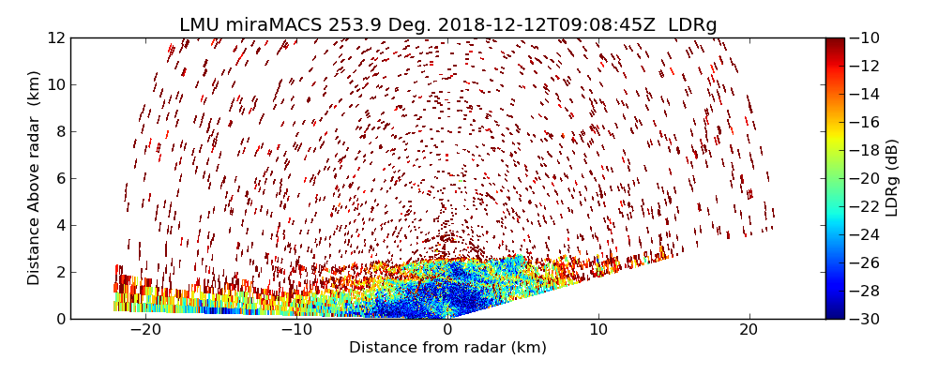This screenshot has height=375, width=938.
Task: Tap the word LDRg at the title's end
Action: pyautogui.click(x=692, y=25)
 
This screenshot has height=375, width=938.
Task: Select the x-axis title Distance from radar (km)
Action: pyautogui.click(x=447, y=348)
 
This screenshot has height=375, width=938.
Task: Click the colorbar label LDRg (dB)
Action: pyautogui.click(x=892, y=177)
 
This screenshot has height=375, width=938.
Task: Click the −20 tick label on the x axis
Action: pyautogui.click(x=145, y=330)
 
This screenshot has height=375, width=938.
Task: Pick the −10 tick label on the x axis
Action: pyautogui.click(x=296, y=330)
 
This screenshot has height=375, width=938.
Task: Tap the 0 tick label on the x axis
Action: pyautogui.click(x=447, y=330)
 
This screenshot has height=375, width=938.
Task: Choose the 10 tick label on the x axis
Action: pyautogui.click(x=598, y=330)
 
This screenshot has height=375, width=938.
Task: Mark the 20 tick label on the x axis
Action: pyautogui.click(x=749, y=330)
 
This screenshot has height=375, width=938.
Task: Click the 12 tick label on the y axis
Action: pyautogui.click(x=55, y=37)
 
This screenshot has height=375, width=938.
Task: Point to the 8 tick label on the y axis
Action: pyautogui.click(x=59, y=131)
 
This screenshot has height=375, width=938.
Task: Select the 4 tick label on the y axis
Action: pyautogui.click(x=59, y=225)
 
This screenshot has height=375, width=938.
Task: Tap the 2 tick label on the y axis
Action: pyautogui.click(x=59, y=272)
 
